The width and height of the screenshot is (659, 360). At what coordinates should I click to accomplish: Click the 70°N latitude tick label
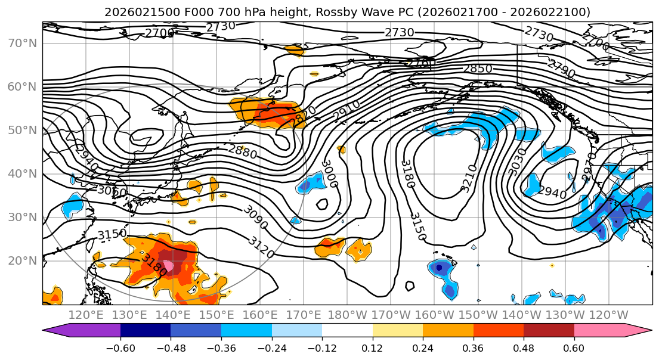(22, 43)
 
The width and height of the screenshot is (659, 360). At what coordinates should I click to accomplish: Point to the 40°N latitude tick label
(22, 173)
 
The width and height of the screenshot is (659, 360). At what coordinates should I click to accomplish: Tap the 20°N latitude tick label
(22, 260)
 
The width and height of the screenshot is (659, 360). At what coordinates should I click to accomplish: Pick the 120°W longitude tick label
(608, 315)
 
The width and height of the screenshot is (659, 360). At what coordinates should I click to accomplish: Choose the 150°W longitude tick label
(478, 315)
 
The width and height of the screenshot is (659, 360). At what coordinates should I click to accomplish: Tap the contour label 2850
(478, 69)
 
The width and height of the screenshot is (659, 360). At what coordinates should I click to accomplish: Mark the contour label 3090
(256, 218)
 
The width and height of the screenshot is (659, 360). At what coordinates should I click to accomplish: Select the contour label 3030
(517, 162)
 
